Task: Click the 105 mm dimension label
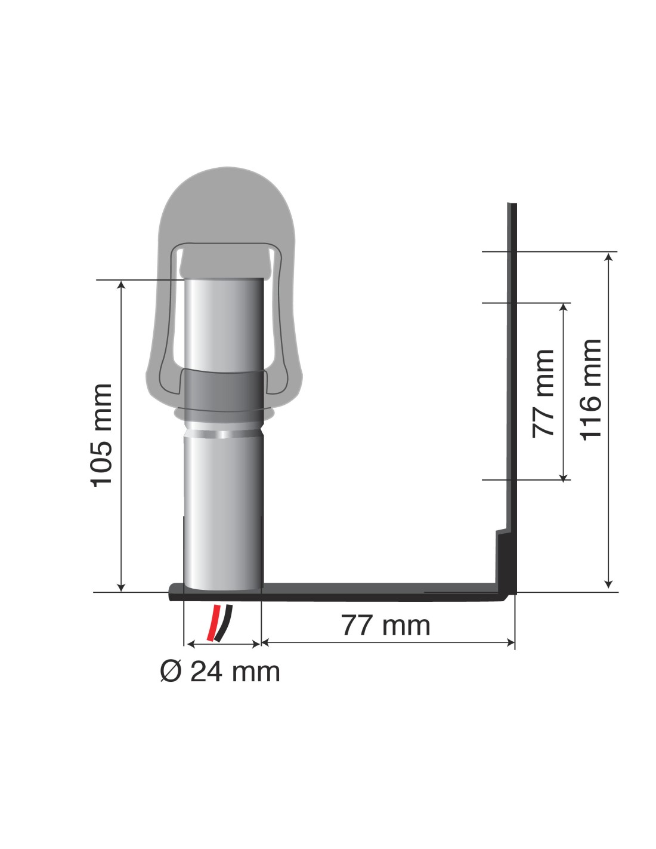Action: point(101,435)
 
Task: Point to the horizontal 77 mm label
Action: point(386,625)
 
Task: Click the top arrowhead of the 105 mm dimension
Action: point(122,284)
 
